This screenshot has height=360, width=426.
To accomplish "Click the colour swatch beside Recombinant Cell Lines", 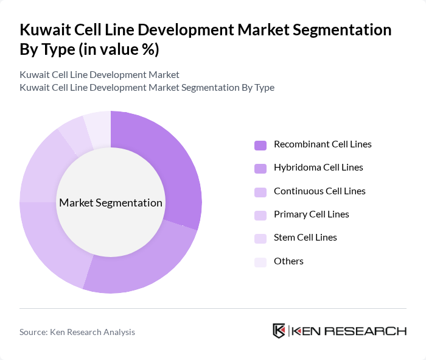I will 260,145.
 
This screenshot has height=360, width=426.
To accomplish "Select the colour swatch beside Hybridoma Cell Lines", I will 260,168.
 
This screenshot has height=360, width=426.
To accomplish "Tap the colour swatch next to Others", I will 260,261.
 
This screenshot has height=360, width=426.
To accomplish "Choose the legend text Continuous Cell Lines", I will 319,191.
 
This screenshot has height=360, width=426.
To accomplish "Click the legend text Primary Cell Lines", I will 311,214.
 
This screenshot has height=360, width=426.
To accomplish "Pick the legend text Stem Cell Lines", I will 305,238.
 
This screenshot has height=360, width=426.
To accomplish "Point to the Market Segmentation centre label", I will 111,203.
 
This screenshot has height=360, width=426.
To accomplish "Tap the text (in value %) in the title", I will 122,49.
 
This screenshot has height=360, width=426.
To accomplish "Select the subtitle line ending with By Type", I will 147,88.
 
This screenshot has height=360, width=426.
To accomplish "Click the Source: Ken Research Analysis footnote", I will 77,332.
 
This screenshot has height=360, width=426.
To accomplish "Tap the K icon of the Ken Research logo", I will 279,331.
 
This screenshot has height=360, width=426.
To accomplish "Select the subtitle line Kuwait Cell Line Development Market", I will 99,75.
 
